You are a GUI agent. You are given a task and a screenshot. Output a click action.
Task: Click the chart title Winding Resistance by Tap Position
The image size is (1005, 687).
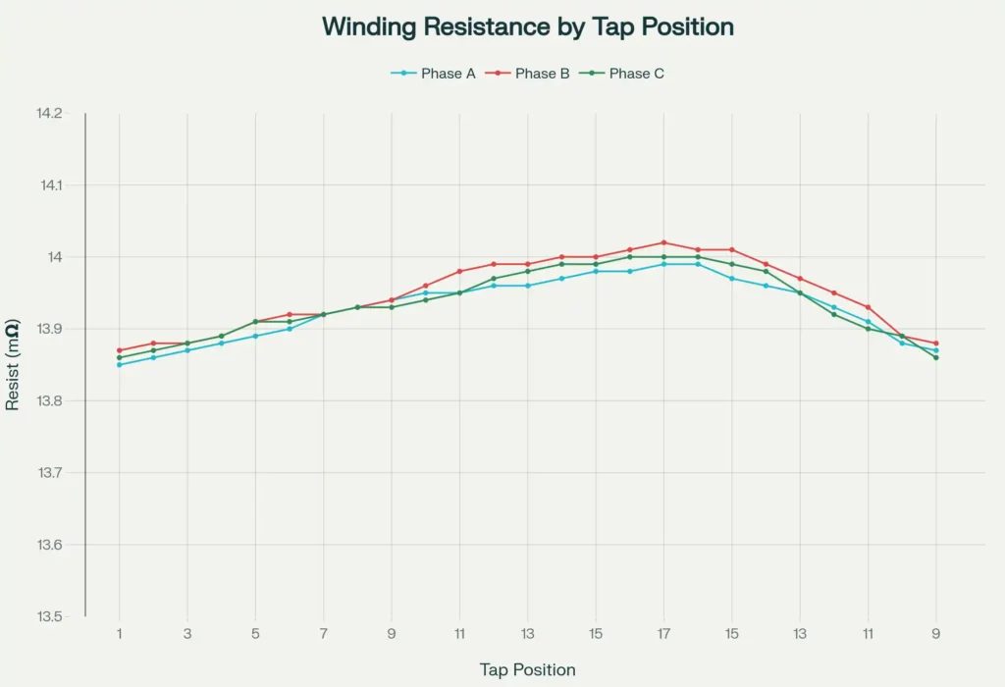pos(528,26)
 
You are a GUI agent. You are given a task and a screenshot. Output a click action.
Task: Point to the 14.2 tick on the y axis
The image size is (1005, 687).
pos(49,114)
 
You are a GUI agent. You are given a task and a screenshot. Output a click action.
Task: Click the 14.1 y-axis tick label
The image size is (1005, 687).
pos(49,185)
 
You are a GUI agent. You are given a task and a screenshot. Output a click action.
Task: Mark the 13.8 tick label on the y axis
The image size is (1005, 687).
pos(49,401)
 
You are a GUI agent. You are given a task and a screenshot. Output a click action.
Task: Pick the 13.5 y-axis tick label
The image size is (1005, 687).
pos(49,617)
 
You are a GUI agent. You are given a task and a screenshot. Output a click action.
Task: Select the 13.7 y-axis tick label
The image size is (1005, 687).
pos(49,473)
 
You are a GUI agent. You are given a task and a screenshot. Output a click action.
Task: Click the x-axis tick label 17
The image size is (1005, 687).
pos(664,634)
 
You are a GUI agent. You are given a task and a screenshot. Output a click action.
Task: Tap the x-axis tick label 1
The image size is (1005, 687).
pos(120,634)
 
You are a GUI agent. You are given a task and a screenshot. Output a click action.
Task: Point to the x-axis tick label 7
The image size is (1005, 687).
pos(324,634)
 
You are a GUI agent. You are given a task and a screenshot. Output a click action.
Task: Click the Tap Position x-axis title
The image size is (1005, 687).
pos(528,670)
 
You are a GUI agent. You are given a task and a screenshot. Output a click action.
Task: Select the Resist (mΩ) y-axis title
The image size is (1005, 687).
pos(14,364)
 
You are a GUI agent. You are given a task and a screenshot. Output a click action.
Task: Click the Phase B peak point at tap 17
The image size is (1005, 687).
pos(664,242)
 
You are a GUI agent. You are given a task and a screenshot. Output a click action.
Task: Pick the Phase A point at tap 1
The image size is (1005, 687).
pos(120,365)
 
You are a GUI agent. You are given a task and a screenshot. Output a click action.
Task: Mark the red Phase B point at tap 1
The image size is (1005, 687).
pos(120,350)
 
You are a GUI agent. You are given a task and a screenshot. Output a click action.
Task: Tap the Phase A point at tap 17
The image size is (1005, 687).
pos(664,264)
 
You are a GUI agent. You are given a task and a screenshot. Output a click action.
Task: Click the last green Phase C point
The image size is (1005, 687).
pos(936,357)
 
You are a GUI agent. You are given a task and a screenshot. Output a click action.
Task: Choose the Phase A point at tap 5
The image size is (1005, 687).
pos(255,336)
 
